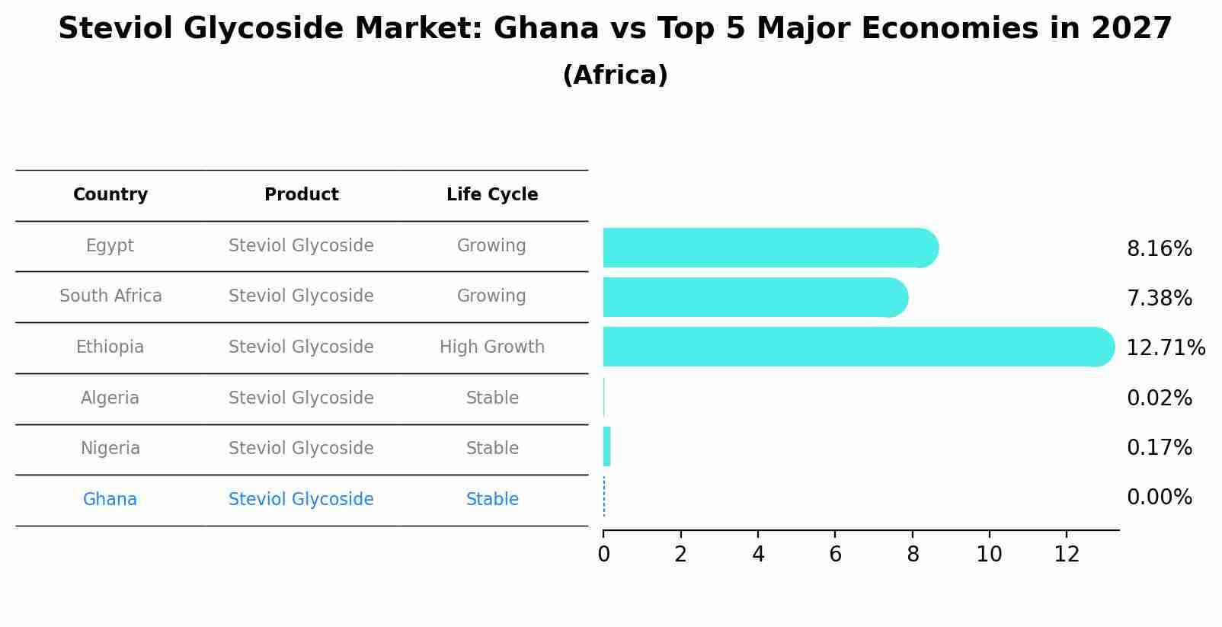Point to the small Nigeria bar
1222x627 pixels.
pos(606,446)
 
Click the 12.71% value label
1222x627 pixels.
pos(1165,348)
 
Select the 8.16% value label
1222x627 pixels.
pos(1159,249)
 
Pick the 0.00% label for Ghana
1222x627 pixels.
pos(1159,497)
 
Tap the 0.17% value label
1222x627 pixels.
pos(1159,448)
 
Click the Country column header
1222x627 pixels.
pos(110,195)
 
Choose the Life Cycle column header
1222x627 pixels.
pos(492,195)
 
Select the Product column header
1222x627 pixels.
pos(301,195)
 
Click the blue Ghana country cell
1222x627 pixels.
pos(110,500)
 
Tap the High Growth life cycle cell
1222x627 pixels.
pos(492,347)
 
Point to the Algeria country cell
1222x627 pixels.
pos(110,398)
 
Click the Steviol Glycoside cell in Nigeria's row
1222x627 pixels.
pos(301,449)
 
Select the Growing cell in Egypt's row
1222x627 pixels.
pos(491,246)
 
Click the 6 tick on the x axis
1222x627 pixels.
pos(835,555)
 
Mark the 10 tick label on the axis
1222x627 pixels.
pos(989,555)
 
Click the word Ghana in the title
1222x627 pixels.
pos(546,29)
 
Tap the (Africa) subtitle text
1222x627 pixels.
pos(615,75)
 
